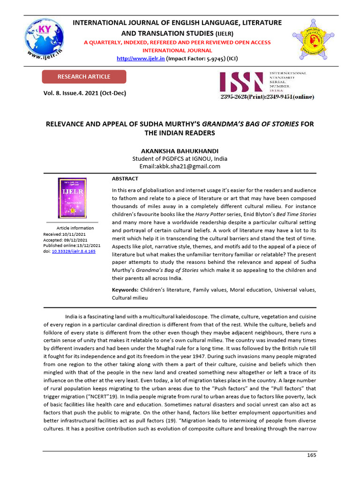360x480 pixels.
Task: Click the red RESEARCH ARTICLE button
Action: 84,77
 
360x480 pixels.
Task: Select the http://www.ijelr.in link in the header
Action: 140,59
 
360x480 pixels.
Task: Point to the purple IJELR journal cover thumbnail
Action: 72,198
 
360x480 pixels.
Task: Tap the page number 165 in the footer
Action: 312,455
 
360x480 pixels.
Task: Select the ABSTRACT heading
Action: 125,179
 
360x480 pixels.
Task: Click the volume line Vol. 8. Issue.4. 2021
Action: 85,93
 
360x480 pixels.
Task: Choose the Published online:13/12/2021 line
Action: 72,245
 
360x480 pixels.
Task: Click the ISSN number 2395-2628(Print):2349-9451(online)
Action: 268,97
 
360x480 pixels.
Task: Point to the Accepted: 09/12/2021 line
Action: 66,240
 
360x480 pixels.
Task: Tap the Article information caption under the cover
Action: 75,228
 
